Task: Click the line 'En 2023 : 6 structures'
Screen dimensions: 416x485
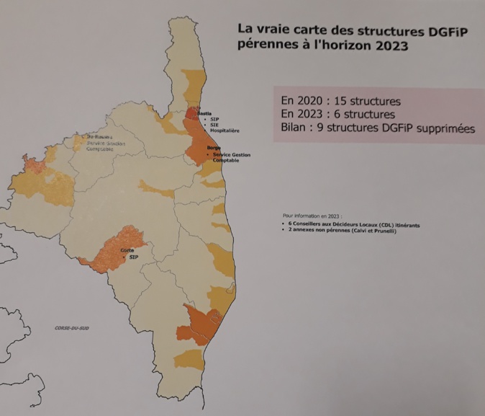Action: pos(338,114)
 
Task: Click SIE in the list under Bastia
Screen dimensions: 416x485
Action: pos(217,125)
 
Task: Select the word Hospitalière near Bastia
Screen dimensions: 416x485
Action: pos(225,130)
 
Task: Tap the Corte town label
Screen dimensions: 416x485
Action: pos(127,250)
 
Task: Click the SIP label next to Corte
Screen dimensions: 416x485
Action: pos(134,257)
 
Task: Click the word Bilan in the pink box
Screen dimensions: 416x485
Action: pos(293,129)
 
